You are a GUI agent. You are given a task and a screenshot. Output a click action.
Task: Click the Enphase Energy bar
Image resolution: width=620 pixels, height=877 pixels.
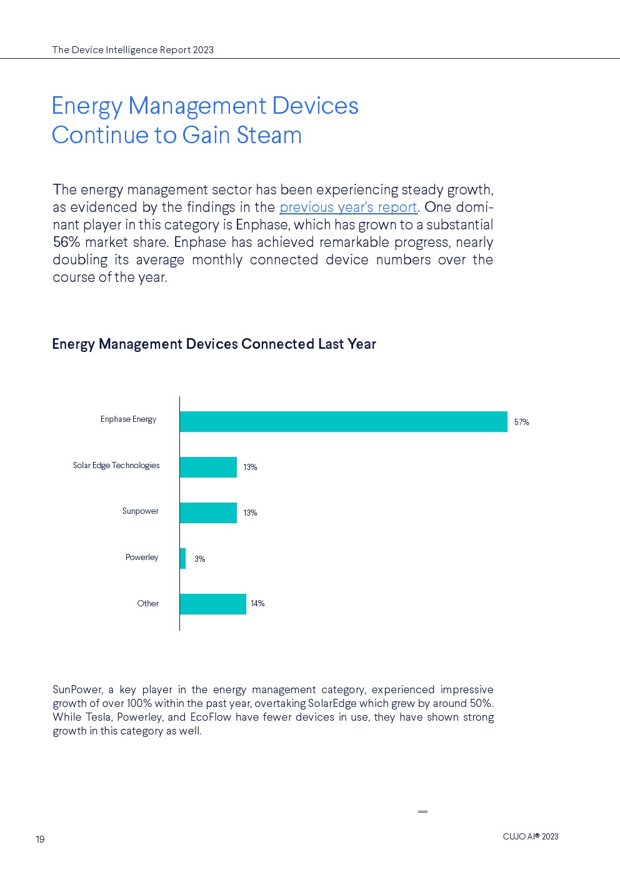[343, 421]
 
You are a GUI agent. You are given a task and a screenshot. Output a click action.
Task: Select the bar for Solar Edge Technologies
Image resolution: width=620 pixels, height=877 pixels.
[208, 467]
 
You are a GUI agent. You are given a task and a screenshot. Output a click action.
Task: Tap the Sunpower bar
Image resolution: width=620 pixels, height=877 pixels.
[208, 513]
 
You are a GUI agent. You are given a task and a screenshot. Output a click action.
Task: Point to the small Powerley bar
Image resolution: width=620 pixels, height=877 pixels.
[182, 558]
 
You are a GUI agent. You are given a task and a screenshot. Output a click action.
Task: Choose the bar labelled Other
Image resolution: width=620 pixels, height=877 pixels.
[212, 604]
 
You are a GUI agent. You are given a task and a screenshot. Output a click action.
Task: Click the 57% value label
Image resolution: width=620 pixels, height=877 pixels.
[521, 423]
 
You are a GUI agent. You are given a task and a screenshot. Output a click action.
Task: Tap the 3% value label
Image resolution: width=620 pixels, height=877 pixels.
[199, 559]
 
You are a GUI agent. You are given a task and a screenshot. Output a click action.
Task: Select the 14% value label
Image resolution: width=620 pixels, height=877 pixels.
[257, 604]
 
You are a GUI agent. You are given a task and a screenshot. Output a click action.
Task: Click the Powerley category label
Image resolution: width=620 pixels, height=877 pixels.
[142, 558]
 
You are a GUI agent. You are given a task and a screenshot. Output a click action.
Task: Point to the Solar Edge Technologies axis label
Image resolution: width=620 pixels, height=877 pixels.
[116, 466]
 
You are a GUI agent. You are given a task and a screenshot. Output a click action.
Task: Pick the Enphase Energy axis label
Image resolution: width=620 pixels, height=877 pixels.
[128, 419]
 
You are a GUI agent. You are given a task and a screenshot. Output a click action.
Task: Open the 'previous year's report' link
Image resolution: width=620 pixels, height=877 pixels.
[348, 208]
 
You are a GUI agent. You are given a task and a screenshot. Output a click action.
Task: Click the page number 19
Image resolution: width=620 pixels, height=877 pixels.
[40, 839]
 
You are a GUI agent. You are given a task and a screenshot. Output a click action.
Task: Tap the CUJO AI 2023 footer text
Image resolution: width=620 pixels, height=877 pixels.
[530, 837]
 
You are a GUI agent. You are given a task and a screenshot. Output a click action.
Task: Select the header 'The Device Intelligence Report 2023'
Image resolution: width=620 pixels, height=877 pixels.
[132, 50]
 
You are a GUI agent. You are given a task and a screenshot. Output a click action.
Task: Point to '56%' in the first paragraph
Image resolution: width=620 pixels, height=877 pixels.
[66, 243]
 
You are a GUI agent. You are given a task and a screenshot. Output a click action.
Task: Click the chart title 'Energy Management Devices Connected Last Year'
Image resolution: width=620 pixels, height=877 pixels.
[214, 344]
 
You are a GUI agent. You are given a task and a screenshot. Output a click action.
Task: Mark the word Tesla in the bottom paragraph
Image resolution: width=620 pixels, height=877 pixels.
[98, 718]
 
